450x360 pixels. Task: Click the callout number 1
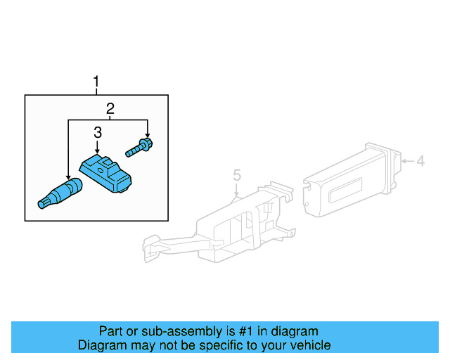tap(97, 84)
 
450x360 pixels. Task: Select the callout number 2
tap(110, 108)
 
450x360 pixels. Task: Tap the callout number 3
tap(97, 131)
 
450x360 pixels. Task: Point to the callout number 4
tap(420, 162)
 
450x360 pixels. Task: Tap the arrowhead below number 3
tap(97, 151)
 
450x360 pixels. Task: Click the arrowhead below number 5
tap(237, 193)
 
